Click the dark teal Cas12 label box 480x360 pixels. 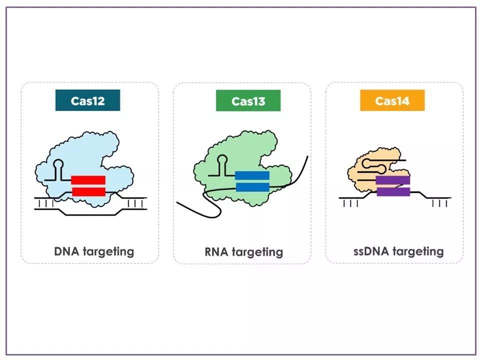point(87,100)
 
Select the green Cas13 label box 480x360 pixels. point(248,100)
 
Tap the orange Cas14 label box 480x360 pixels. point(392,100)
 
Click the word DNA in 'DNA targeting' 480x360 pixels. point(66,251)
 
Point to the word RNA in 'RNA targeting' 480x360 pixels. point(216,252)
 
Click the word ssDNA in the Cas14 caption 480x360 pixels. point(371,251)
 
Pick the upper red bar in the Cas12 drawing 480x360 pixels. point(88,180)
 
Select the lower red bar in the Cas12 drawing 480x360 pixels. point(88,191)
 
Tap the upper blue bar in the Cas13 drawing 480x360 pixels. point(252,175)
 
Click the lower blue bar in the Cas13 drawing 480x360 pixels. point(252,187)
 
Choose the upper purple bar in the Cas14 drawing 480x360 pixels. point(393,180)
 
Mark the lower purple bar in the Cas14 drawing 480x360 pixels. point(393,191)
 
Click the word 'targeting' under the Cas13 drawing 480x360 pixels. point(257,252)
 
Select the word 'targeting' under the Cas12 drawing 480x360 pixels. point(108,252)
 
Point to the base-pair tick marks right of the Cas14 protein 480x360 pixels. point(440,203)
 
